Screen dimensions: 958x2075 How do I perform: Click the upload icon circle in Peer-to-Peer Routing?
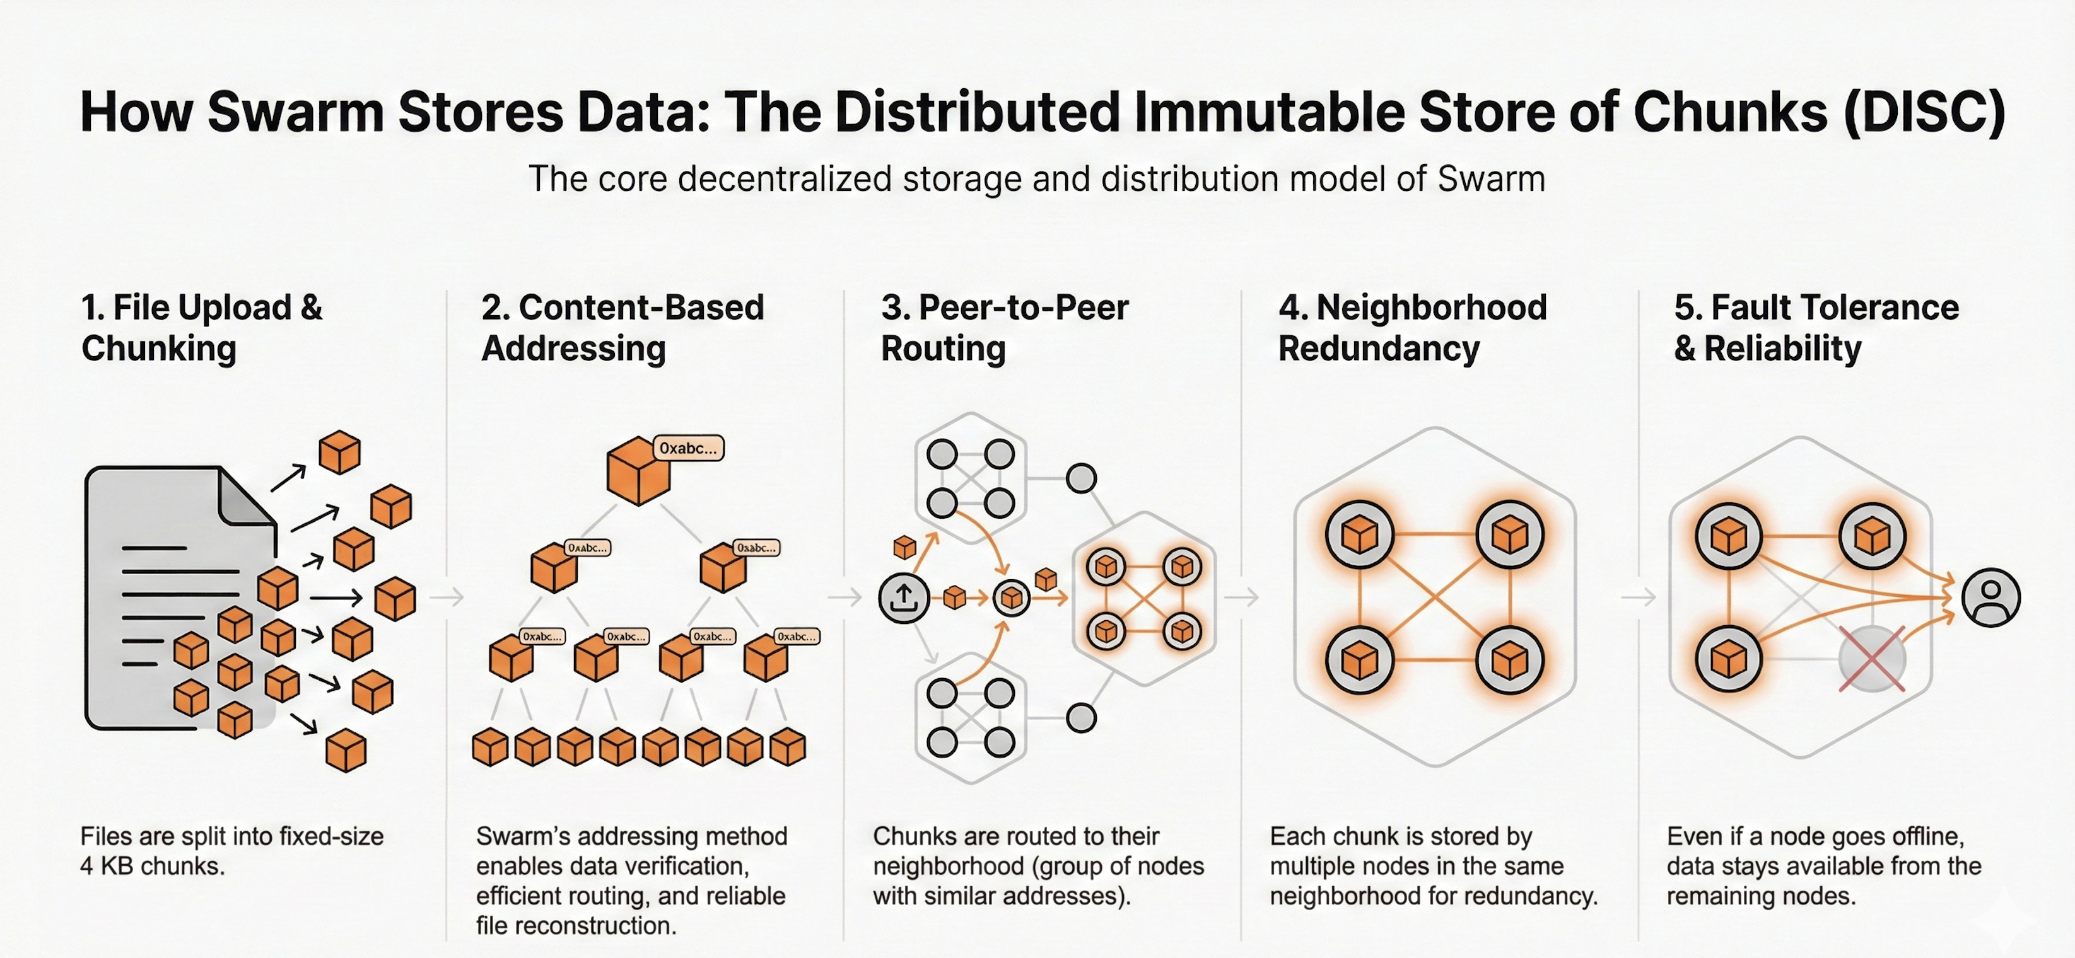coord(903,597)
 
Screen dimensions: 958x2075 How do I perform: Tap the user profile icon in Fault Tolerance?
coord(1990,597)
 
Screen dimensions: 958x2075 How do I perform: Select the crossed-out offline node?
coord(1872,659)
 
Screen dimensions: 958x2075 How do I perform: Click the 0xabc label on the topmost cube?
coord(688,448)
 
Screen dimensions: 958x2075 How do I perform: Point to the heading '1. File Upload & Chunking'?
coord(201,328)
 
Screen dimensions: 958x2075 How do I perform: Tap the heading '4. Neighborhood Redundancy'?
coord(1412,328)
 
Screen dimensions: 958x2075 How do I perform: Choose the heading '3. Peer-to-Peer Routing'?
coord(1005,328)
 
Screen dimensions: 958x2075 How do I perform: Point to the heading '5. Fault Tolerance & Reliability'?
coord(1816,328)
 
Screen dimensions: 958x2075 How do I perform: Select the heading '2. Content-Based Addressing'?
coord(622,328)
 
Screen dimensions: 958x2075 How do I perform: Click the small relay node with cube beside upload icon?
coord(1012,598)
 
